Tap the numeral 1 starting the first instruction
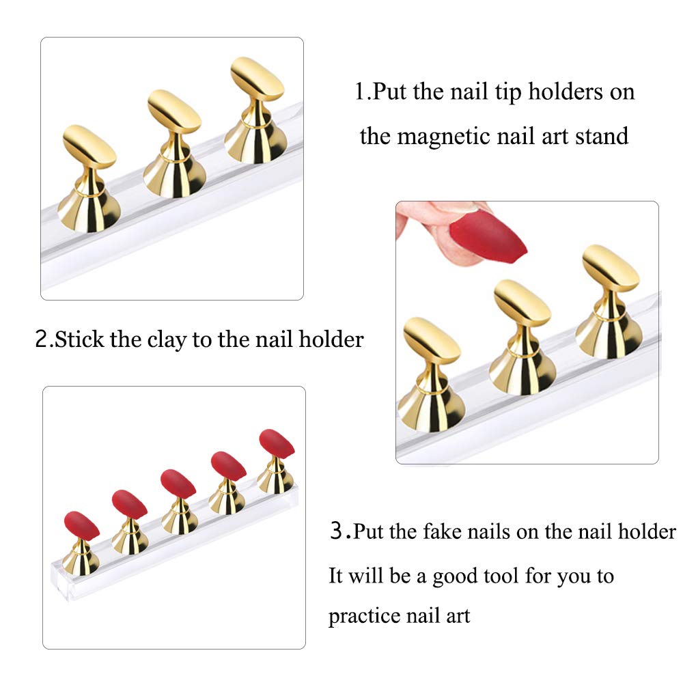360,92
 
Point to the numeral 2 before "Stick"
41,339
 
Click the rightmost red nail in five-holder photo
277,443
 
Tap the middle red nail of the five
179,483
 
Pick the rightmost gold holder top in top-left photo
257,81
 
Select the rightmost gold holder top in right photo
610,267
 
